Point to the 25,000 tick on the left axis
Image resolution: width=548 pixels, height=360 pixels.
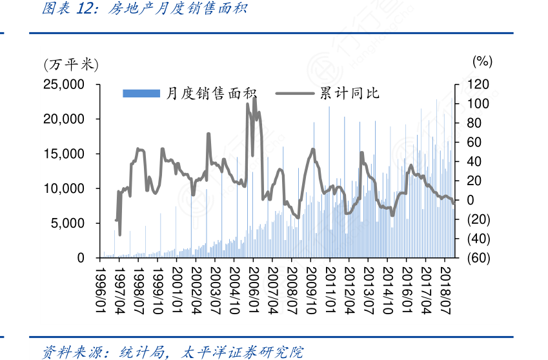pos(63,85)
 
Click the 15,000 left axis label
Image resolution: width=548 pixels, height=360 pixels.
pos(63,154)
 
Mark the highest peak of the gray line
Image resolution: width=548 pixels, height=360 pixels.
pos(254,97)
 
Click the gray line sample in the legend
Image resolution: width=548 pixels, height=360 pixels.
pos(296,94)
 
